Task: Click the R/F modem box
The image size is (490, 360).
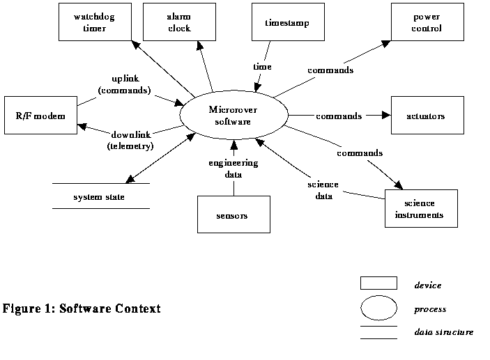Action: coord(39,116)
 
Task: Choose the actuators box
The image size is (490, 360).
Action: coord(427,116)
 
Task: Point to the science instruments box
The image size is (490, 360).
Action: coord(420,208)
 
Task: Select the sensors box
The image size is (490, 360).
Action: coord(232,215)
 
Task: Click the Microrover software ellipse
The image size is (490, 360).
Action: coord(233,116)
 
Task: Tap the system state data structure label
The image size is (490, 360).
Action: coord(99,197)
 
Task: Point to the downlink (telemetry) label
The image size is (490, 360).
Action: coord(130,140)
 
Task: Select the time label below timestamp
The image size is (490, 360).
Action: coord(261,66)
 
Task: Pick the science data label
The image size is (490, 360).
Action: coord(323,190)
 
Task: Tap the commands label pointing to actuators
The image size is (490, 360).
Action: coord(338,116)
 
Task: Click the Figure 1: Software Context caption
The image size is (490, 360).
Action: coord(82,308)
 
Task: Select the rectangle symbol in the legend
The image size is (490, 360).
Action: coord(378,283)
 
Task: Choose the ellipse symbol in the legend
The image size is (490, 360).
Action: coord(378,308)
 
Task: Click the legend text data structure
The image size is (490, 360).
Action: coord(443,332)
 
